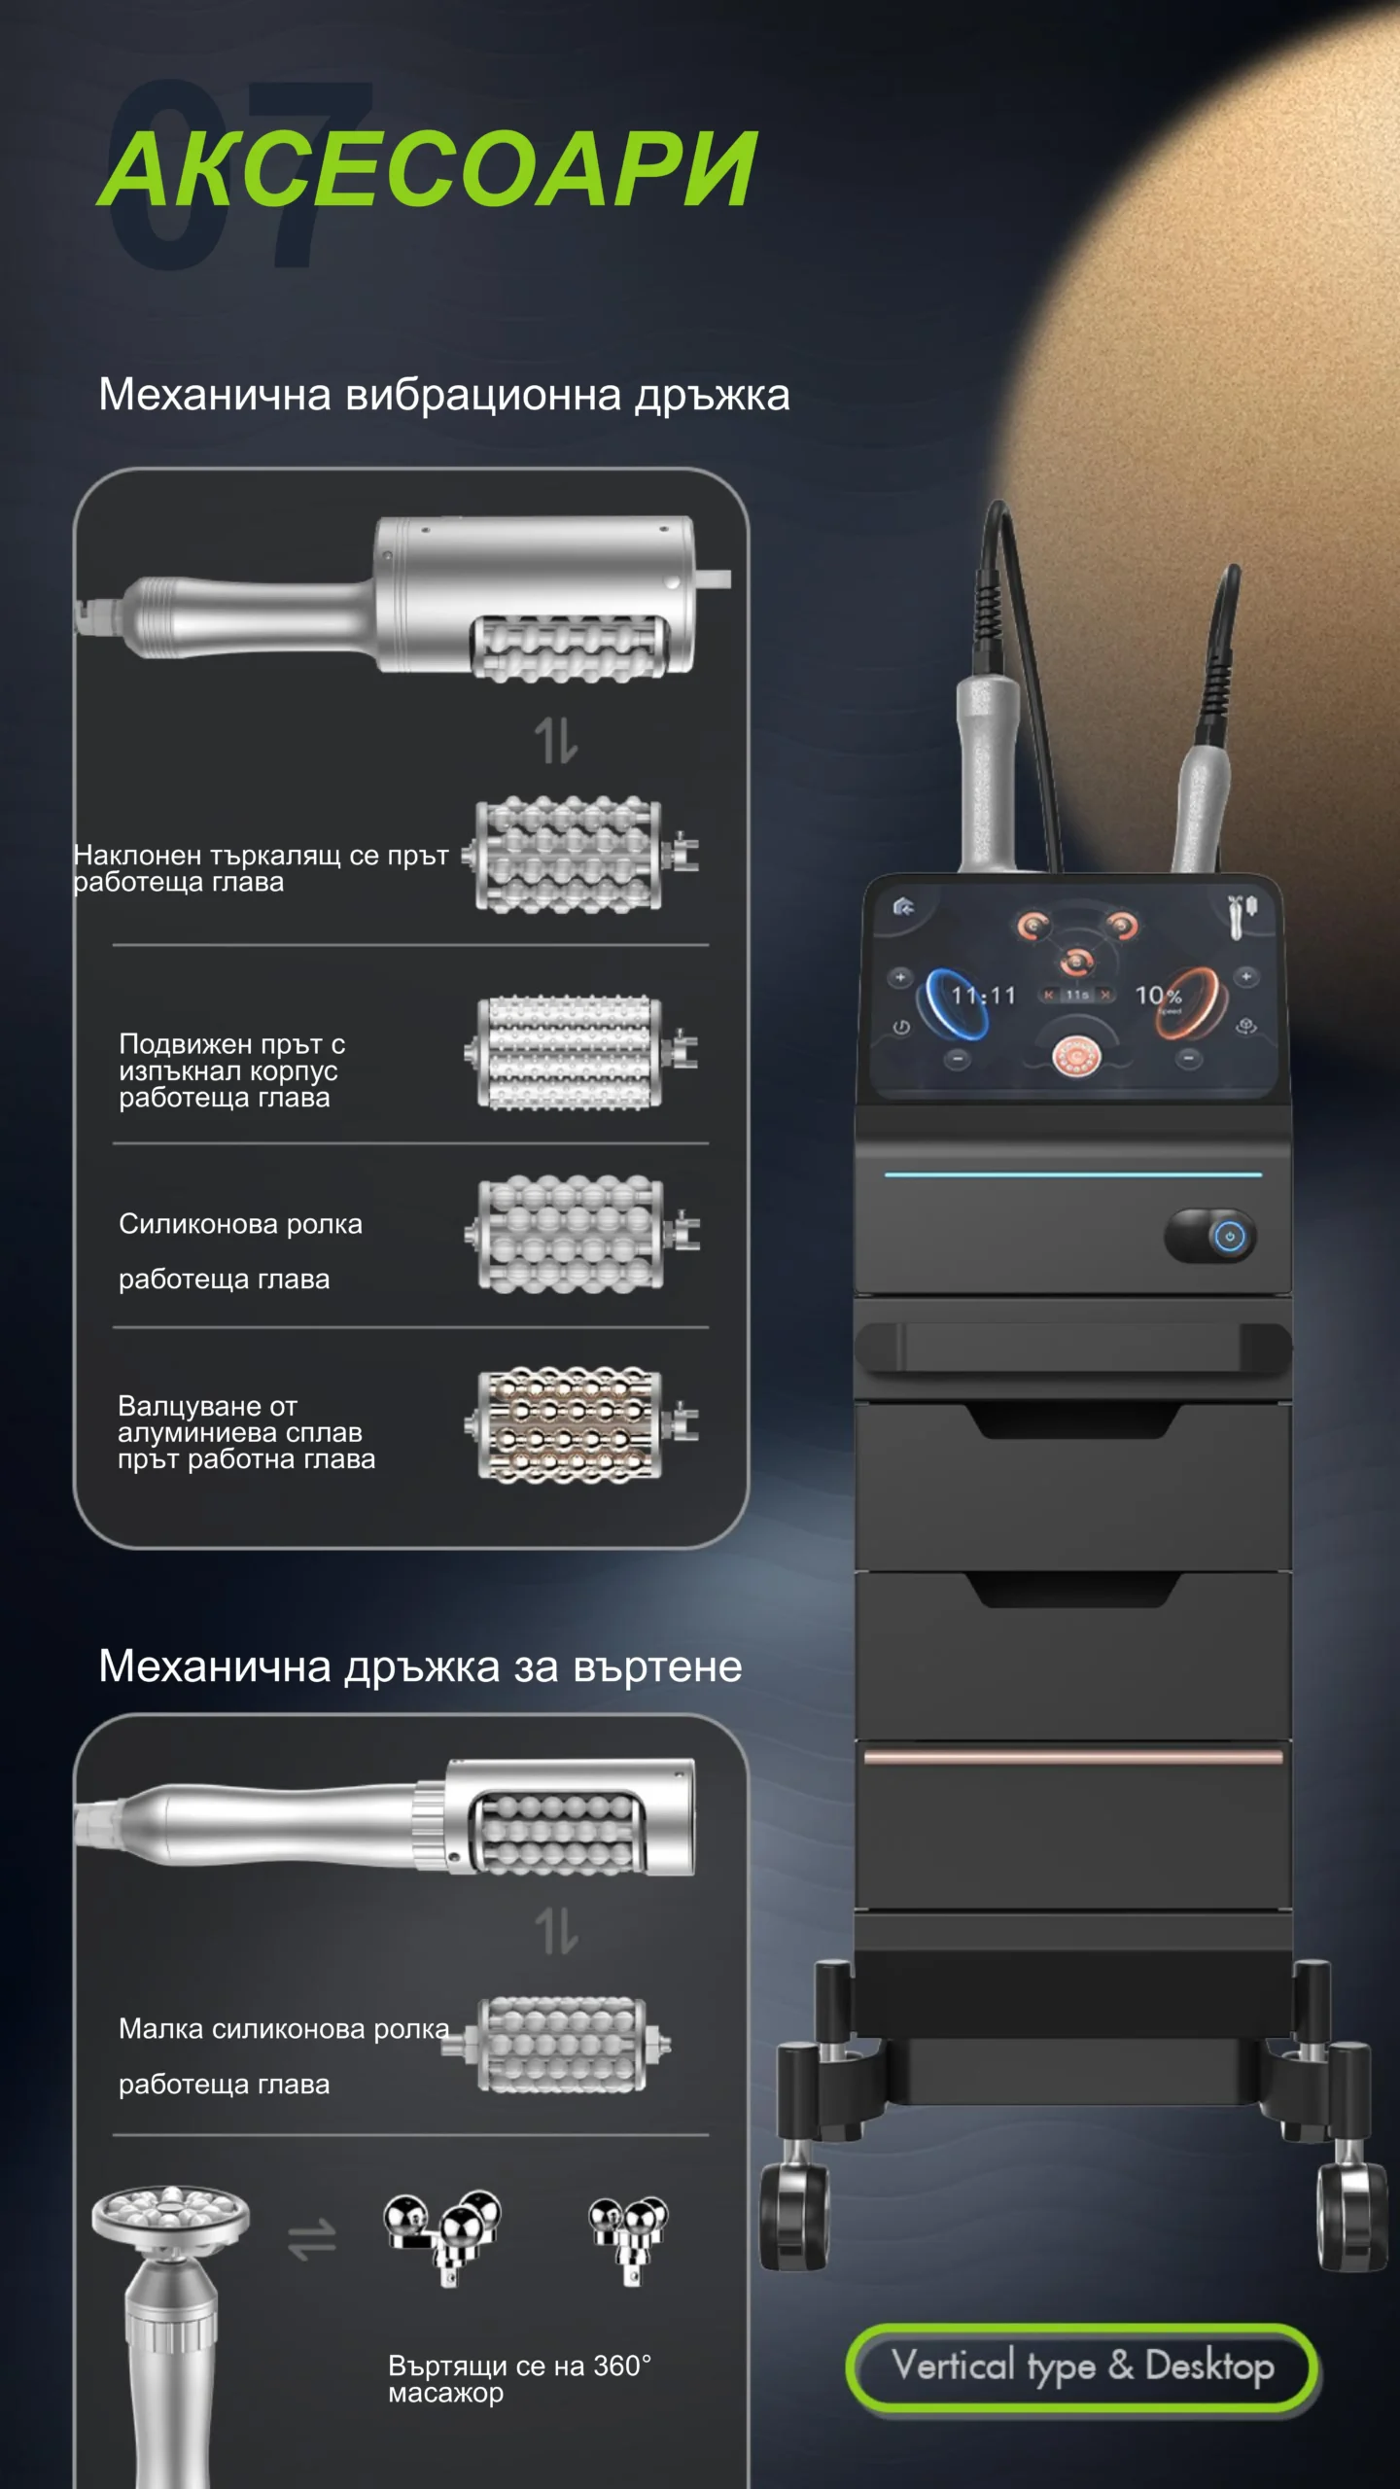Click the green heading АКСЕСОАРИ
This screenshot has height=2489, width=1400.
428,169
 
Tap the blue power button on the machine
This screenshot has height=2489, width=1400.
1230,1237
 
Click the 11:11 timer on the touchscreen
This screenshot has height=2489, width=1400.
983,996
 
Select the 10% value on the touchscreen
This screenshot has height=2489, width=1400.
1158,996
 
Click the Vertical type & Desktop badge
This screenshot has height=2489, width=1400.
1082,2368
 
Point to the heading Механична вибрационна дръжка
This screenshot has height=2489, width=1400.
444,396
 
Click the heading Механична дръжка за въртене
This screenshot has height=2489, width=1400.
420,1666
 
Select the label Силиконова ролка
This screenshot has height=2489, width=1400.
240,1224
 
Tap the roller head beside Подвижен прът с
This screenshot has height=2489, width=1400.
581,1052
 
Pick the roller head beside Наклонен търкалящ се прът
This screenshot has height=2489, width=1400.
580,855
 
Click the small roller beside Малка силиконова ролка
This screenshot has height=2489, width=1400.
556,2044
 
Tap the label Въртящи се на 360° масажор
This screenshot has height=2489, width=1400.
519,2378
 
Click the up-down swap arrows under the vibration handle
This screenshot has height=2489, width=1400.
556,740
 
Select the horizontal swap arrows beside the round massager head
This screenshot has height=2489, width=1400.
312,2239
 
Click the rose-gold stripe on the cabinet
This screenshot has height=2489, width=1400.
1073,1756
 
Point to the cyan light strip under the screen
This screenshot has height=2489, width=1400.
1073,1174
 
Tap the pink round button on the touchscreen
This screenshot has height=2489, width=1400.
1076,1054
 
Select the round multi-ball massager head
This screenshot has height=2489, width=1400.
171,2218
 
